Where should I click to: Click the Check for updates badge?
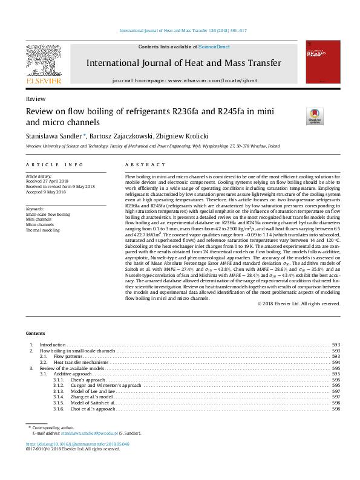(x=315, y=115)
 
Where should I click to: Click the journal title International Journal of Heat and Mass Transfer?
(x=184, y=63)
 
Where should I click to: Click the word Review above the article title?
(x=34, y=98)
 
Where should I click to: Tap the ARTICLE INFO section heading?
(x=54, y=164)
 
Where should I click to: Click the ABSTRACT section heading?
(x=145, y=164)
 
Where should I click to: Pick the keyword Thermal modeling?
(x=43, y=230)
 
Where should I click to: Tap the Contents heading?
(x=35, y=334)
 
